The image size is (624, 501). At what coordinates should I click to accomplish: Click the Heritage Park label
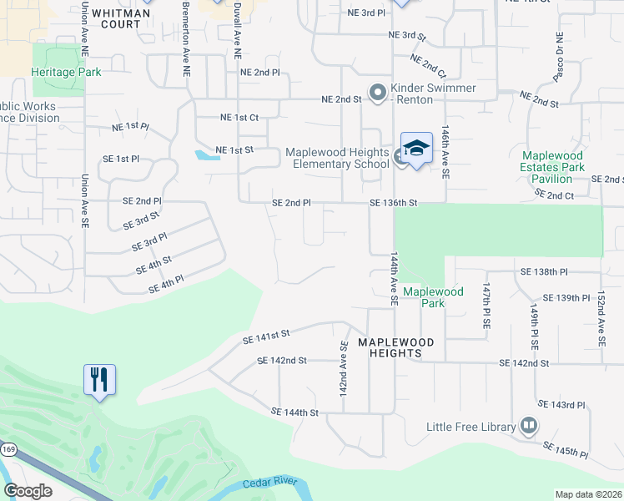66,72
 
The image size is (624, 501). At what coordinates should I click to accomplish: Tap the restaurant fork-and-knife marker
99,380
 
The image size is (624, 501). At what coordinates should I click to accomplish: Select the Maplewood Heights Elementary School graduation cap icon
416,149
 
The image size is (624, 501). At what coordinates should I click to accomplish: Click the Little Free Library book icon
527,426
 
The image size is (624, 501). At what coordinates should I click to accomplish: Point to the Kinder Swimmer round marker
377,93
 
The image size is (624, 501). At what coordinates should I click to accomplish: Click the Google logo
28,491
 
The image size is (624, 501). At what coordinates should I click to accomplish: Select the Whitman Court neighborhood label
115,18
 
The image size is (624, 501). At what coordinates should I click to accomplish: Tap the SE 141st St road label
265,336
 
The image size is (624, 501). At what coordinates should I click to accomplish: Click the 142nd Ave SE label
343,367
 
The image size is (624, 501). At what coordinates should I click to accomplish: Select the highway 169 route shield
8,449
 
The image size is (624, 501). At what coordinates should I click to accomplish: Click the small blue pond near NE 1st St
203,154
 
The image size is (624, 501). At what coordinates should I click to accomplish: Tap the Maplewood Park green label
433,297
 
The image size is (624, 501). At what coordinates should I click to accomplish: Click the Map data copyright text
588,494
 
